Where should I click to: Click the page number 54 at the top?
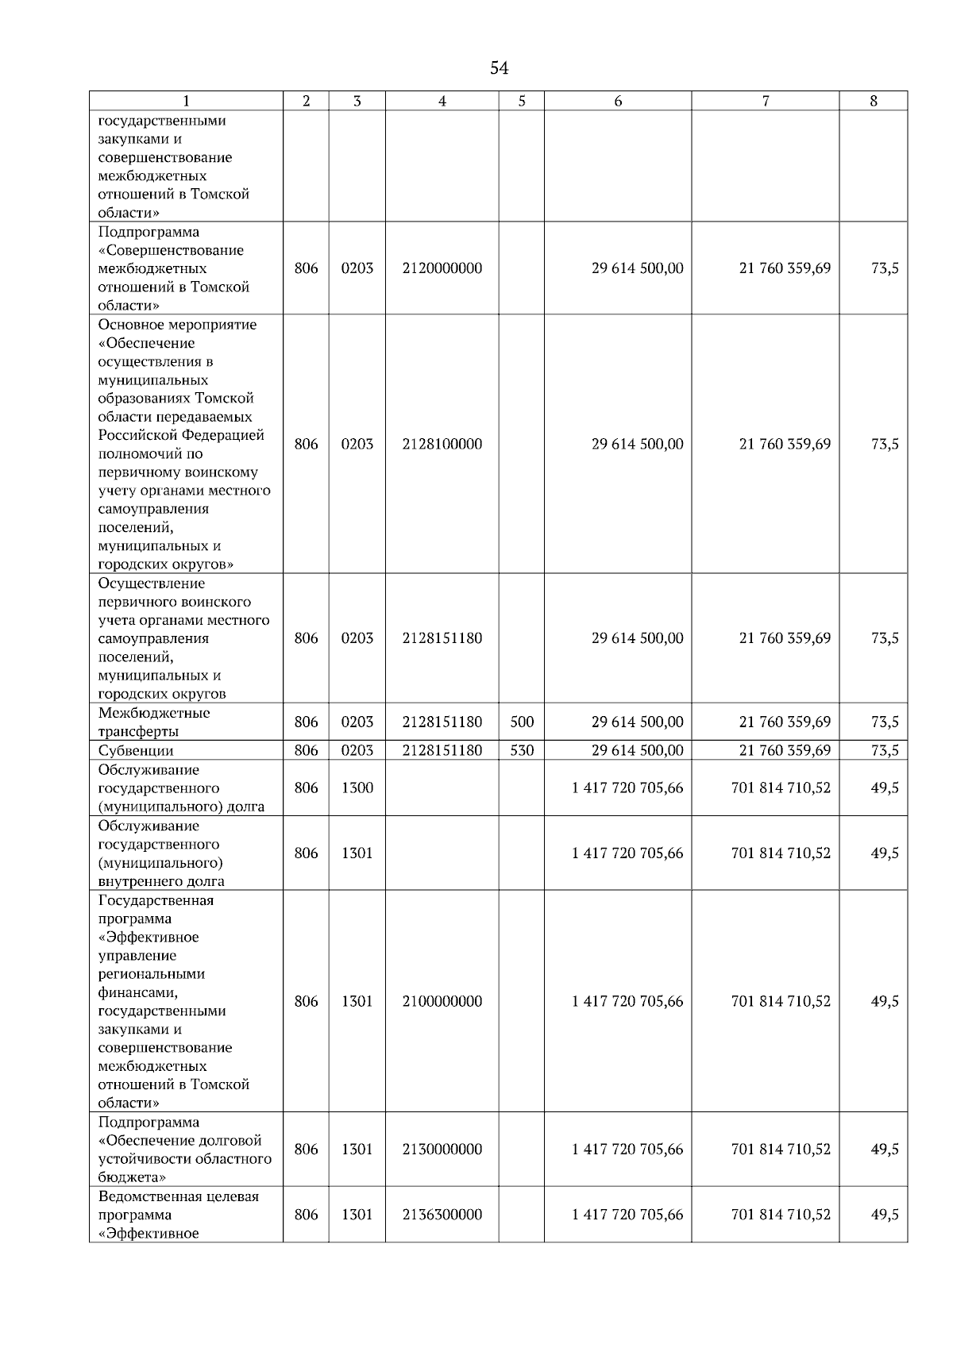(499, 68)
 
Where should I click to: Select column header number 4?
(442, 101)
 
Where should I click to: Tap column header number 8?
(874, 101)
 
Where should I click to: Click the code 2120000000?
(442, 268)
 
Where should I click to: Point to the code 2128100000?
(442, 445)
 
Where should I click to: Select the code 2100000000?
(442, 1002)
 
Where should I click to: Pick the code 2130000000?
(442, 1150)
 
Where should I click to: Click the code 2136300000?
(442, 1215)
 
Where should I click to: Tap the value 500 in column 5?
(522, 722)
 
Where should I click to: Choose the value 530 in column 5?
(522, 750)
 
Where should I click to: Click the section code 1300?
(357, 788)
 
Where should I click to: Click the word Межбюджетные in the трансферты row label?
(154, 713)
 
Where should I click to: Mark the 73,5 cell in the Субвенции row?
(885, 750)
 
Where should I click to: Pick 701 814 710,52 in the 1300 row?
(781, 788)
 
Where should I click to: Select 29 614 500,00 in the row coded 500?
(637, 722)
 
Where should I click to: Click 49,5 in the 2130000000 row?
(885, 1150)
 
